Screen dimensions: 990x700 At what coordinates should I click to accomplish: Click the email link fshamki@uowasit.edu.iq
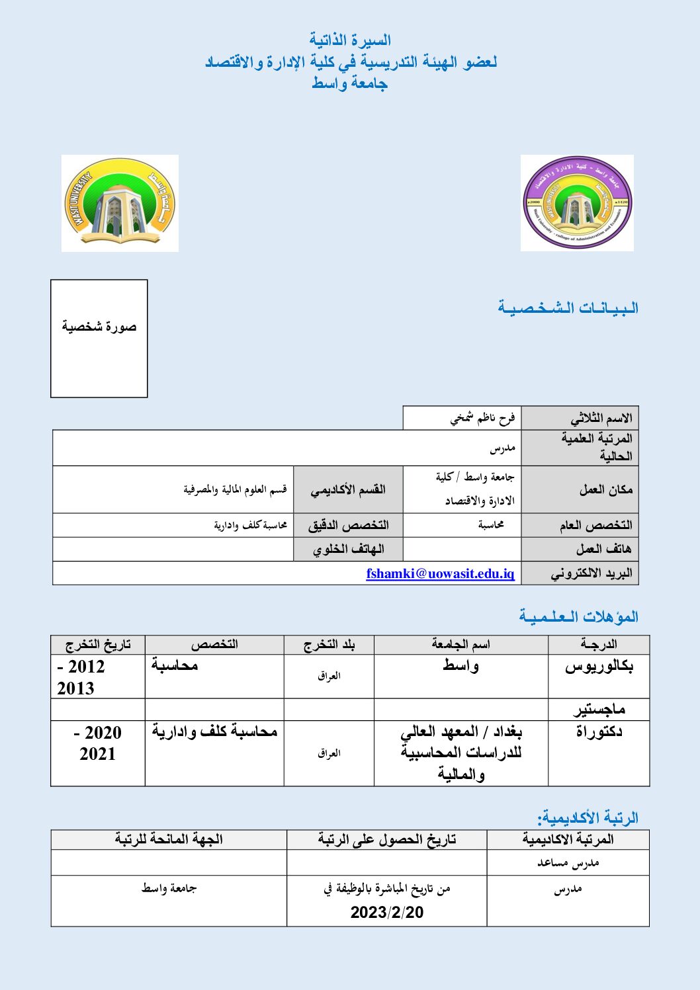(440, 573)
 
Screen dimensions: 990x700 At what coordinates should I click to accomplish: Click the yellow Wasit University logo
(120, 203)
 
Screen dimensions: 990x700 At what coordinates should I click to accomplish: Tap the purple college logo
(577, 203)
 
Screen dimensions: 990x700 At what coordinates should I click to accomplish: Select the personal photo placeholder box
(99, 338)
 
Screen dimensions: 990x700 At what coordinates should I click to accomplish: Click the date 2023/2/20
(387, 912)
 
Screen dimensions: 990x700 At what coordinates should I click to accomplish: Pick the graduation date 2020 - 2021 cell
(97, 743)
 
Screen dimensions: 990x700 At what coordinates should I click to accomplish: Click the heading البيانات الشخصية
(568, 308)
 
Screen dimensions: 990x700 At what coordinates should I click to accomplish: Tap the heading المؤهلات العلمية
(578, 616)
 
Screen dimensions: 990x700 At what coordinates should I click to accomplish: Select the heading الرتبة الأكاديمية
(587, 817)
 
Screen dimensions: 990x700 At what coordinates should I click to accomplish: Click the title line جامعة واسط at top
(349, 83)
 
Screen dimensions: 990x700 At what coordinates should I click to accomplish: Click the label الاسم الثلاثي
(601, 418)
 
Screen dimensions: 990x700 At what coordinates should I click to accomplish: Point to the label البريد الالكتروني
(591, 573)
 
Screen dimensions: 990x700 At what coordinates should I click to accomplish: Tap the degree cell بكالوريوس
(599, 667)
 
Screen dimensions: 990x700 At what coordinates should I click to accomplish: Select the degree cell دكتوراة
(599, 732)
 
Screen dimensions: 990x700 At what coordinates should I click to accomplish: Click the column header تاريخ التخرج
(98, 645)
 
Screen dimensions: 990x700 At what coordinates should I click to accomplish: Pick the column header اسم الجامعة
(460, 645)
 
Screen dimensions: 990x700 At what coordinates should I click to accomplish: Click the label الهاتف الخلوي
(348, 550)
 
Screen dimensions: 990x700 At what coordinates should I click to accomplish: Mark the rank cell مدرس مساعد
(568, 863)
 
